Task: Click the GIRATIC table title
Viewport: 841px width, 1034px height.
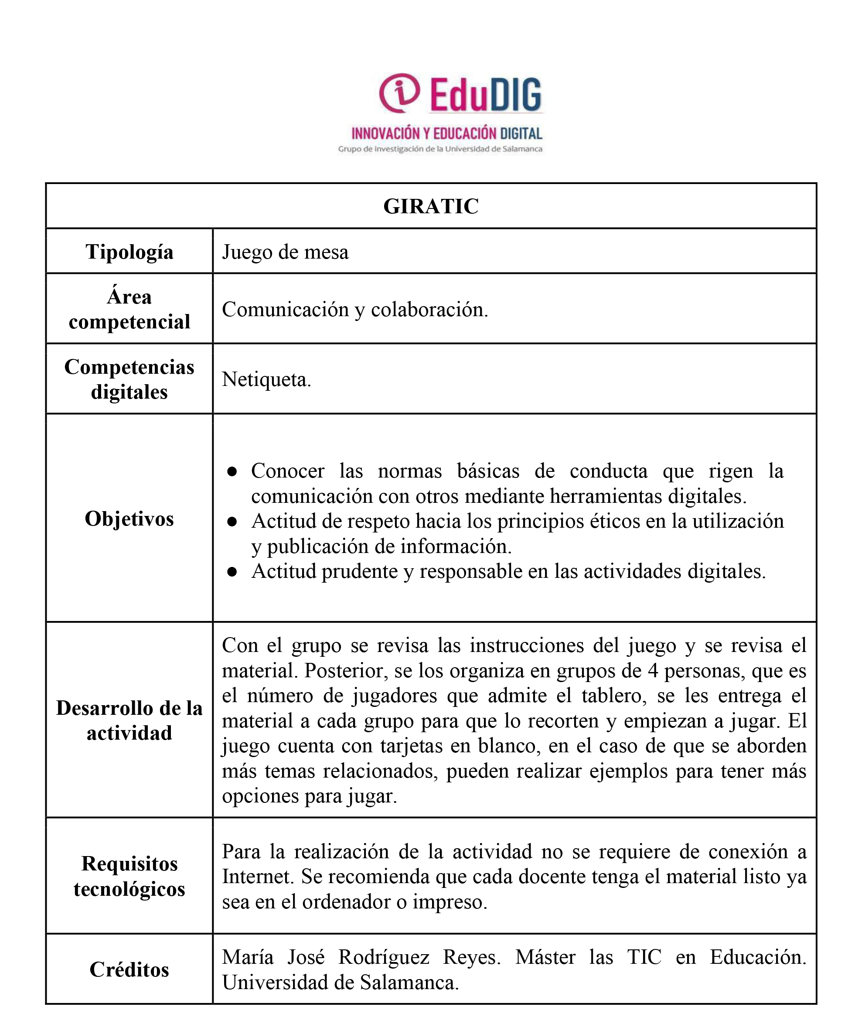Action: [x=431, y=206]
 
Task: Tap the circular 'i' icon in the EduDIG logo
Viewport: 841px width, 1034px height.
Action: [x=399, y=92]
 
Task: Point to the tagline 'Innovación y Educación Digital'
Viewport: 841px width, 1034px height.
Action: [x=446, y=133]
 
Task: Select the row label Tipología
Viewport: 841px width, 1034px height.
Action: [x=129, y=252]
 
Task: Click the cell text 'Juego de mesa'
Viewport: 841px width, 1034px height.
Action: [x=285, y=253]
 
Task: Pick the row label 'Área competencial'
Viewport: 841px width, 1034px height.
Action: [x=129, y=309]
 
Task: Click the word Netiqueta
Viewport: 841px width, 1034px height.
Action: [x=266, y=379]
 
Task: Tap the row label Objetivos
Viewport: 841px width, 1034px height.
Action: [x=129, y=519]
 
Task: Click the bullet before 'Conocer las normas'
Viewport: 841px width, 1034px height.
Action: [x=232, y=471]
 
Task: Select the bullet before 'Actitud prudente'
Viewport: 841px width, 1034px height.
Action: [x=232, y=572]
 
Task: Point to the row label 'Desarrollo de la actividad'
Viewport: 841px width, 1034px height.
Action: [x=129, y=720]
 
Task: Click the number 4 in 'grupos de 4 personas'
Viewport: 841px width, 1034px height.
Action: [x=653, y=671]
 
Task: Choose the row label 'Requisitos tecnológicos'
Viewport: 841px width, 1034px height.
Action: [x=129, y=877]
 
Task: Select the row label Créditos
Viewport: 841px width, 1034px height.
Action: [x=129, y=969]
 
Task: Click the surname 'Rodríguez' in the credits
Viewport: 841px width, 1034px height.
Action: [x=384, y=957]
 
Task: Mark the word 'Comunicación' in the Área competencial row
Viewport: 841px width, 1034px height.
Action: [x=285, y=310]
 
